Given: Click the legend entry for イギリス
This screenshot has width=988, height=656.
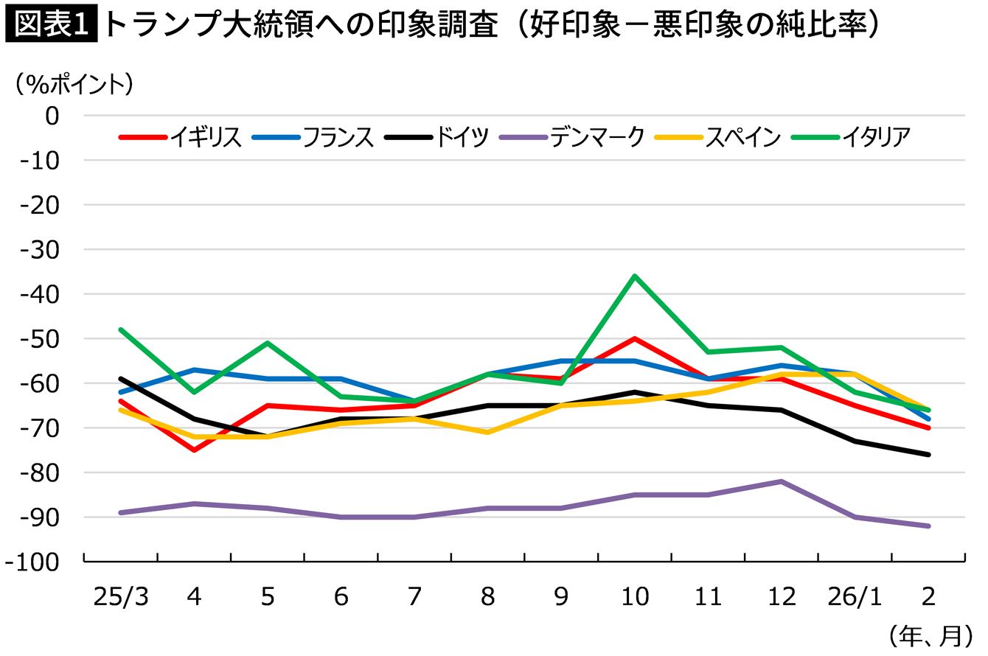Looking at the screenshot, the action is click(181, 137).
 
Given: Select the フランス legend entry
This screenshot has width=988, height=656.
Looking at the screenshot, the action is click(313, 137).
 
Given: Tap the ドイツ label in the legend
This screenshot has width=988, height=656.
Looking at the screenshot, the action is click(437, 137).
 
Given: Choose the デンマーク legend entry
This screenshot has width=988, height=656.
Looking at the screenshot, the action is click(572, 137).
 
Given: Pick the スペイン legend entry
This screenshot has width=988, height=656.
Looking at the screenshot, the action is click(718, 137).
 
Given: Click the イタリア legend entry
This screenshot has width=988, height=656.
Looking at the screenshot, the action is click(852, 137).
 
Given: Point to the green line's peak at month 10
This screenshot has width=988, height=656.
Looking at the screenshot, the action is click(635, 276).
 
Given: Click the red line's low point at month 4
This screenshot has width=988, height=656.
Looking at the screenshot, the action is click(194, 450).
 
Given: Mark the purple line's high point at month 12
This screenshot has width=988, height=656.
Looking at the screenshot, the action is click(782, 481).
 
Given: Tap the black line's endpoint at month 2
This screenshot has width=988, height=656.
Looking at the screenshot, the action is click(928, 455).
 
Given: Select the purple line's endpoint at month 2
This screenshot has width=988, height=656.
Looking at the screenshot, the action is click(928, 526).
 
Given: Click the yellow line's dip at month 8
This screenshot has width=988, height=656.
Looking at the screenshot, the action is click(488, 432).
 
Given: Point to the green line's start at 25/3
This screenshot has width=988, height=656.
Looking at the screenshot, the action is click(121, 329).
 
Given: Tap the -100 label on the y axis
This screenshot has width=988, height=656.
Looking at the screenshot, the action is click(32, 562).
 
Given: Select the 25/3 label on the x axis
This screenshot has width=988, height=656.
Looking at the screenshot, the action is click(121, 597).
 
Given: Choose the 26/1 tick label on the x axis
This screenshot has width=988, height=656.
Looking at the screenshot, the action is click(855, 597).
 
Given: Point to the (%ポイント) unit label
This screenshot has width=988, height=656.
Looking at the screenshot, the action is click(74, 84).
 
